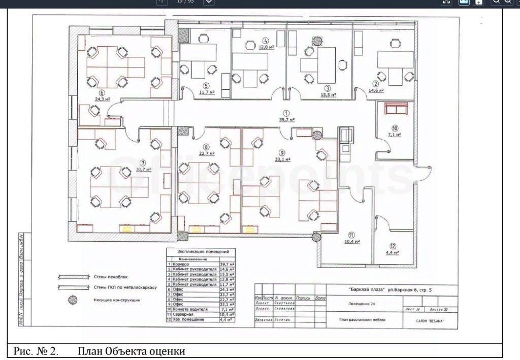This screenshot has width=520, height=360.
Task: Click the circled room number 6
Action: pos(102,93)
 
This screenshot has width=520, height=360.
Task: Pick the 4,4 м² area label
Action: pos(392,252)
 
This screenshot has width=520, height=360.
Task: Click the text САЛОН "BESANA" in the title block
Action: pos(425,321)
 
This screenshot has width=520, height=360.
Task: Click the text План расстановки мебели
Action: pos(362,320)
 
